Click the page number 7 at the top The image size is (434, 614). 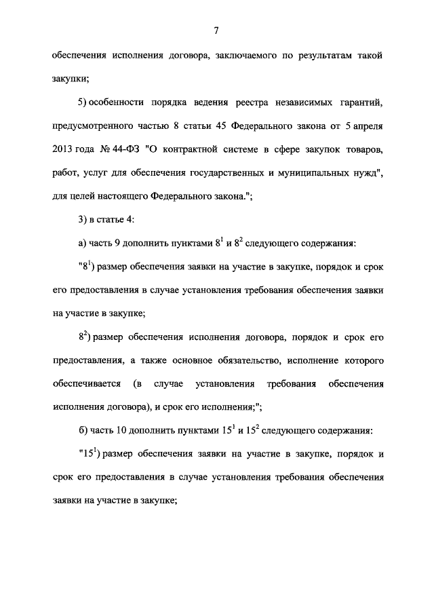tap(215, 30)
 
